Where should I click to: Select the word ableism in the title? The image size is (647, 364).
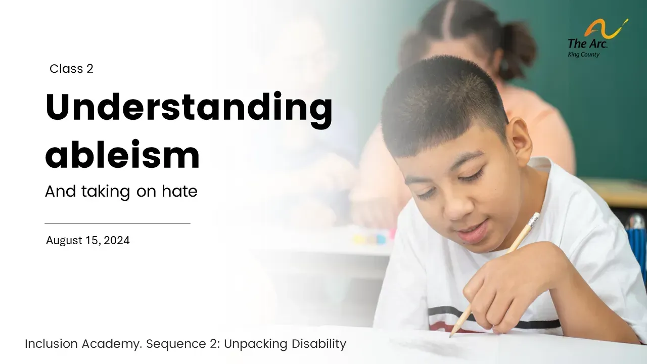click(x=122, y=155)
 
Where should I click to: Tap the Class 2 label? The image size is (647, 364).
click(x=71, y=69)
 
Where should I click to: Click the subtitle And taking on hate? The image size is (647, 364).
click(x=121, y=191)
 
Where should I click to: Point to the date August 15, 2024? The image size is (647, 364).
click(x=88, y=240)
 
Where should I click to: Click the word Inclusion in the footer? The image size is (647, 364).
click(x=52, y=344)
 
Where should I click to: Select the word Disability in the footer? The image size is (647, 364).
click(x=319, y=344)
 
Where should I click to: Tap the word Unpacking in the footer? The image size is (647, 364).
click(x=256, y=344)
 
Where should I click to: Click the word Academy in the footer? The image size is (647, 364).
click(x=112, y=344)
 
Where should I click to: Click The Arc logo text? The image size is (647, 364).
click(x=587, y=43)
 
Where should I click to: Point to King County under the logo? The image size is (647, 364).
click(x=583, y=55)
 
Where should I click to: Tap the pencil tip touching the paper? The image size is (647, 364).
click(x=450, y=336)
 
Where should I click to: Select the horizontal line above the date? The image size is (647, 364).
click(x=118, y=223)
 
